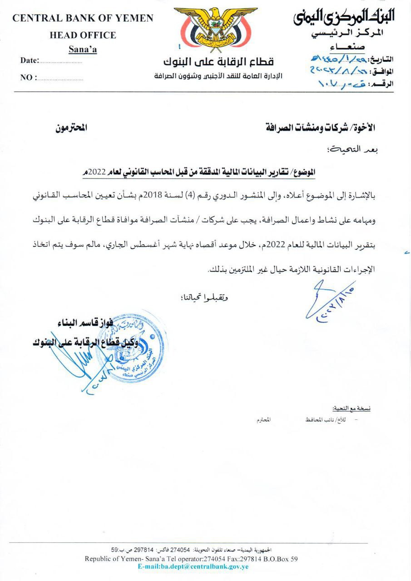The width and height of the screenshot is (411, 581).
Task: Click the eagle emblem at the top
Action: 215,30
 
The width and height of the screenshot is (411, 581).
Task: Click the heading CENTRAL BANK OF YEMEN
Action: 83,19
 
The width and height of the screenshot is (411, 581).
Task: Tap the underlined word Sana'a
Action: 83,49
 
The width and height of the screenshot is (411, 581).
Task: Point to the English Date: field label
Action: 30,60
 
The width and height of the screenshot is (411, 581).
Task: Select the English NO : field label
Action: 29,78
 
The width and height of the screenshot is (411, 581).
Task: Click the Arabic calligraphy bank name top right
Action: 344,17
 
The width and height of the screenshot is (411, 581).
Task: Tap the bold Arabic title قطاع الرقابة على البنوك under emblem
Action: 218,62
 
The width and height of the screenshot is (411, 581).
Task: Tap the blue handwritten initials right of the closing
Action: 329,300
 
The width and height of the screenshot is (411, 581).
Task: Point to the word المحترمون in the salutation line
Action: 71,128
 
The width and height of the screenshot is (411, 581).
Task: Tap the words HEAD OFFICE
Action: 83,35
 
